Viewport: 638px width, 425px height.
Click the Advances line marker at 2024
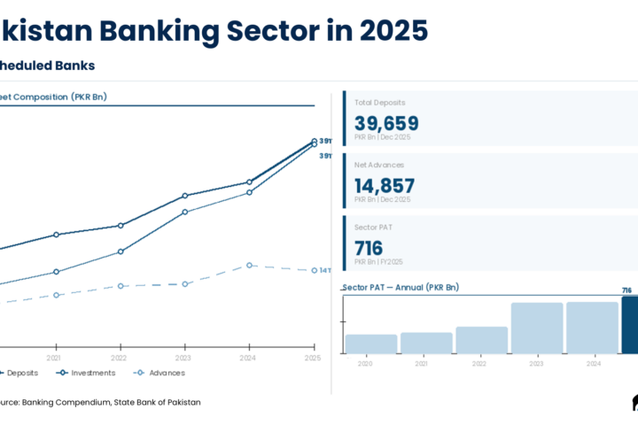[249, 266]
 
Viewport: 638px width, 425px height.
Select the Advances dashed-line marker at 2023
[184, 284]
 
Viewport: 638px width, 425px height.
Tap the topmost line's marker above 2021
[56, 235]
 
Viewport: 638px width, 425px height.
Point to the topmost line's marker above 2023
[184, 196]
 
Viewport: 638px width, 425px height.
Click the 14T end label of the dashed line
[325, 270]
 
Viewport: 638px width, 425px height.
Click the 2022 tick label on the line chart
[119, 358]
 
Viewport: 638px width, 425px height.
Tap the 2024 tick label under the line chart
[248, 358]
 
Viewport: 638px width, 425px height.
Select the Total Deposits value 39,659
[386, 124]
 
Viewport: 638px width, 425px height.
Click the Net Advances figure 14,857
[385, 186]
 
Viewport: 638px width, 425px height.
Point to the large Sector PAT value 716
[369, 248]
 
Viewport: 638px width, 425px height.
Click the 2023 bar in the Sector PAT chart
[537, 328]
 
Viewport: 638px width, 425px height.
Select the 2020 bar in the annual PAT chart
[370, 344]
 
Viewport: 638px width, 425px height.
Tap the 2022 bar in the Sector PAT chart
[482, 341]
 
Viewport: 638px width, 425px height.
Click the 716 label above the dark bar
[626, 290]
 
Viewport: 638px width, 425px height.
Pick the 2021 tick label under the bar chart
[421, 363]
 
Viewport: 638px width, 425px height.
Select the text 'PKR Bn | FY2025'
[378, 262]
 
